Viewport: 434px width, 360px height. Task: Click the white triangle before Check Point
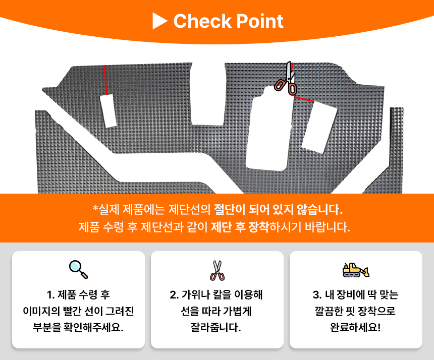coord(159,21)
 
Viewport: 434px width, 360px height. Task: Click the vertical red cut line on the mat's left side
coord(105,80)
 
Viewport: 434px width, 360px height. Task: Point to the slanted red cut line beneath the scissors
coord(304,99)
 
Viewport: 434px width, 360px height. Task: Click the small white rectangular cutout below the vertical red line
coord(108,110)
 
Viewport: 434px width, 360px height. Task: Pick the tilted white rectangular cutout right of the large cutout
coord(319,127)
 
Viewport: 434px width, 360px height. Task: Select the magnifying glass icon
coord(78,269)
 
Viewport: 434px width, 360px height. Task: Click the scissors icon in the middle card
coord(218,270)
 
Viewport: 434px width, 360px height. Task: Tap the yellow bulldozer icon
coord(356,270)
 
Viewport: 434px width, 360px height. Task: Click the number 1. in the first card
coord(50,295)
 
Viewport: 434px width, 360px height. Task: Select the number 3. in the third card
coord(317,295)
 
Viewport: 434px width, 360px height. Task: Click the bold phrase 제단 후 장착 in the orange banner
coord(240,227)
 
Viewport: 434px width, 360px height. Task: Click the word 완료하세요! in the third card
coord(355,327)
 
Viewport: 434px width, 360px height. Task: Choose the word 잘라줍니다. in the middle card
coord(216,327)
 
